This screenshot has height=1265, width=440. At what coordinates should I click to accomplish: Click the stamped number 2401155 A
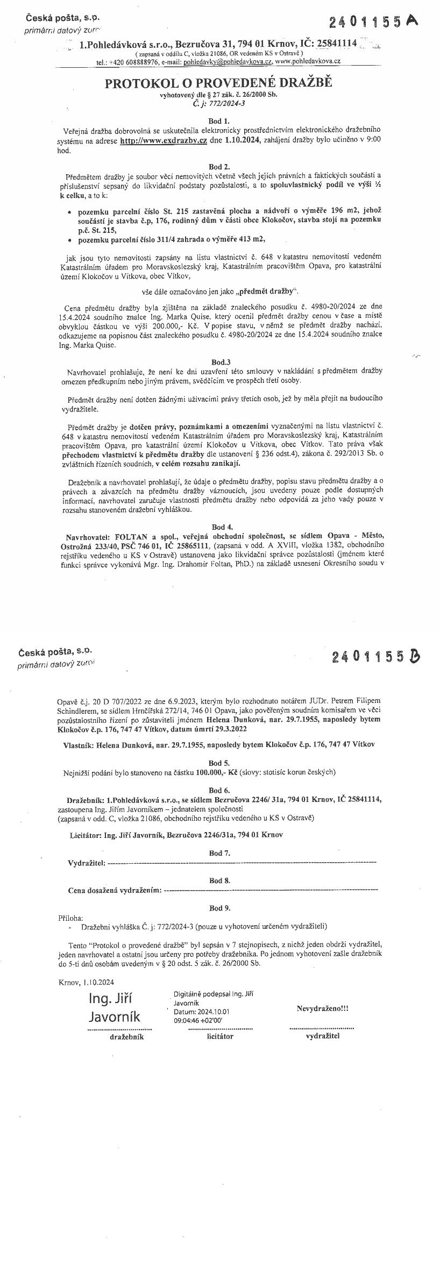coord(373,22)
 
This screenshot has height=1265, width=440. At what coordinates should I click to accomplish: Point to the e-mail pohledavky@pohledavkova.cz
coord(228,62)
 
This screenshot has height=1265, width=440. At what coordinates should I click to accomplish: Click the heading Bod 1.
coord(219,121)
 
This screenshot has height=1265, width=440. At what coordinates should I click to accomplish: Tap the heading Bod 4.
coord(219,527)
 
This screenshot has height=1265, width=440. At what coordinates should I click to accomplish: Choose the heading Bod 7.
coord(219,853)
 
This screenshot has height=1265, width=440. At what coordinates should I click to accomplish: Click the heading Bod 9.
coord(219,908)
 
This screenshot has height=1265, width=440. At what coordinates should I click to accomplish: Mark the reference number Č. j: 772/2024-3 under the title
coord(218,104)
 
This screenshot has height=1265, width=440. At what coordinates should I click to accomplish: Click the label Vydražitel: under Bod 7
coord(87,863)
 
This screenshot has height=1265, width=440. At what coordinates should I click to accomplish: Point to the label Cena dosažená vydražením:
coord(115,891)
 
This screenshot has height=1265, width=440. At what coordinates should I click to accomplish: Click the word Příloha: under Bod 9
coord(70,918)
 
